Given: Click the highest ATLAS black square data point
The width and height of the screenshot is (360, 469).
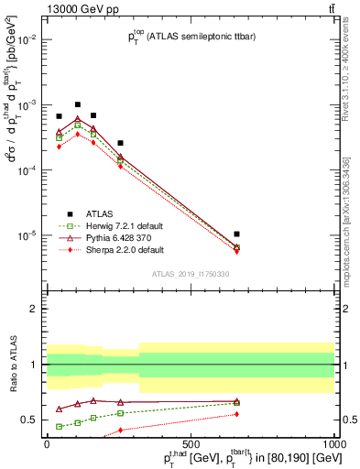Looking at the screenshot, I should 78,104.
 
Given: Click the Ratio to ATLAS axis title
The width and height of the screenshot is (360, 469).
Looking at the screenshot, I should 13,365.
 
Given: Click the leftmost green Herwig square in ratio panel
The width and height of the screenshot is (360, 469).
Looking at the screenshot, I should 60,426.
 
